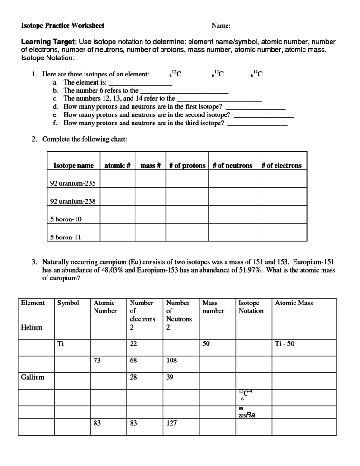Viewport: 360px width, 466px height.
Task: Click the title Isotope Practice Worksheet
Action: [63, 25]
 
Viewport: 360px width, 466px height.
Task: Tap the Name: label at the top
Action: [221, 25]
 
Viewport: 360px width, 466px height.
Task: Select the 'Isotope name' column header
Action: [73, 165]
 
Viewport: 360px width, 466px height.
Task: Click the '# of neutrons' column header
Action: [232, 165]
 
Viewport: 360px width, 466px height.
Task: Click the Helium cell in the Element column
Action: [32, 327]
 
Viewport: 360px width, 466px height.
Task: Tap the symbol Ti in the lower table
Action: [60, 344]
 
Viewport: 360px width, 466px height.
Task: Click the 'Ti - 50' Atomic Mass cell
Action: [285, 344]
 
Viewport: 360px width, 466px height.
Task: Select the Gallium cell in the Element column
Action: [33, 377]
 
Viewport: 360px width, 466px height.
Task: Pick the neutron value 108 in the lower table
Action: [171, 360]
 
